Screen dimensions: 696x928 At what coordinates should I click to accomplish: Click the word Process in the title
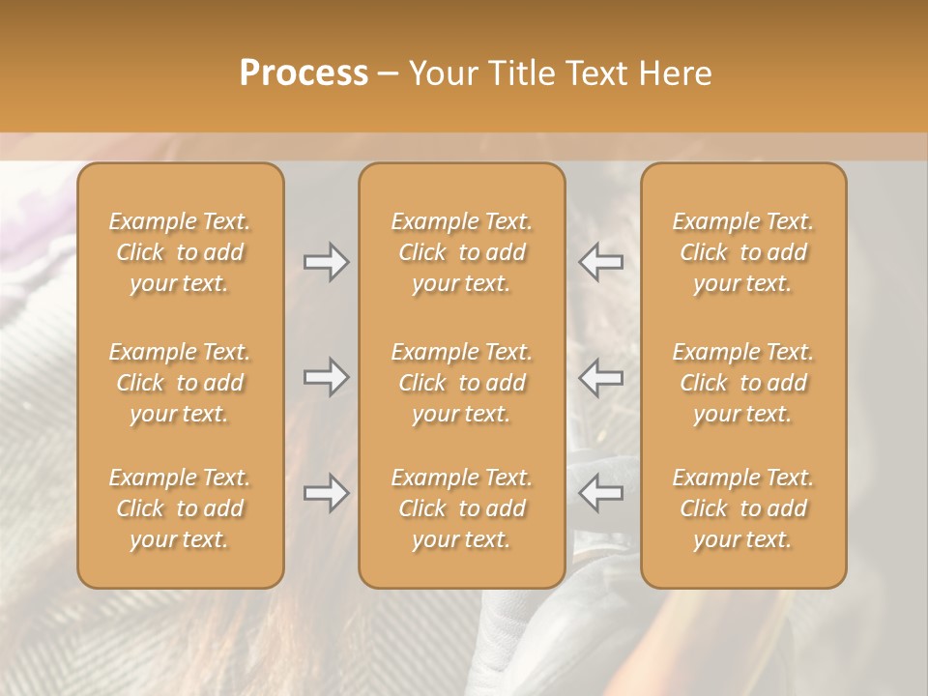pos(304,73)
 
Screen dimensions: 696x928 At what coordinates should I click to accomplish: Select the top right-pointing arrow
pos(326,262)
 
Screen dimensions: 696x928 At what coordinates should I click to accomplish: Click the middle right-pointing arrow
pos(326,377)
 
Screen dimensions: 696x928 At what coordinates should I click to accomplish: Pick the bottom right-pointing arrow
pos(326,493)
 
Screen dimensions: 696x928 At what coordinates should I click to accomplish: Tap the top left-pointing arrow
pos(601,262)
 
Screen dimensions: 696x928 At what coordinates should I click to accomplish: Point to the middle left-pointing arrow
pos(601,377)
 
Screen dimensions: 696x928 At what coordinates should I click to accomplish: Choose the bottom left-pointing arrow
pos(601,493)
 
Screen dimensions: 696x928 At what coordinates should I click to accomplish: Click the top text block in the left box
pos(180,252)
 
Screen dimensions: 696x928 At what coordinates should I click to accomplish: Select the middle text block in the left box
pos(180,383)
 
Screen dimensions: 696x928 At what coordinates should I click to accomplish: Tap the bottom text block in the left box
pos(180,508)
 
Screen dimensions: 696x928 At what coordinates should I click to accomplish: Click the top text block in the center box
pos(461,252)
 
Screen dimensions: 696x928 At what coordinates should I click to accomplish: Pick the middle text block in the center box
pos(461,383)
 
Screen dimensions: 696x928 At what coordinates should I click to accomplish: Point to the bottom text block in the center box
pos(461,508)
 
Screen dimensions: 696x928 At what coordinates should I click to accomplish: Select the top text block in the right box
pos(743,252)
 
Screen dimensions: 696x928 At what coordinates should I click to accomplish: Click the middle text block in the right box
pos(743,383)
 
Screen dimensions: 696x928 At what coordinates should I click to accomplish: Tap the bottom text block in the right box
pos(743,508)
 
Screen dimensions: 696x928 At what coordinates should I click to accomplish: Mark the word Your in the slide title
pos(441,73)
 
